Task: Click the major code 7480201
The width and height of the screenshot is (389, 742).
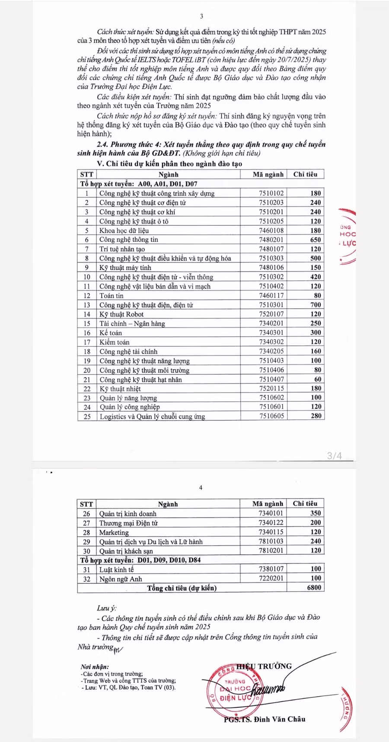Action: pyautogui.click(x=271, y=240)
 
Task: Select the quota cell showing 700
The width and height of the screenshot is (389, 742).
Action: pyautogui.click(x=316, y=305)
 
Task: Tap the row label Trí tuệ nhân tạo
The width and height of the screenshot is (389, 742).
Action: pyautogui.click(x=122, y=249)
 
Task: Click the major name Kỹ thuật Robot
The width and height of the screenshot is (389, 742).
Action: pyautogui.click(x=121, y=314)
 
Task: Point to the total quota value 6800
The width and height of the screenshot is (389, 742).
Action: pyautogui.click(x=314, y=588)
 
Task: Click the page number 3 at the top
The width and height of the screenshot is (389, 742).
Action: pyautogui.click(x=201, y=16)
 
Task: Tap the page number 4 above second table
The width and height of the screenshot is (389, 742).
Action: pyautogui.click(x=201, y=488)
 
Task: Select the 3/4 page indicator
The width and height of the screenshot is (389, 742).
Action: pyautogui.click(x=334, y=456)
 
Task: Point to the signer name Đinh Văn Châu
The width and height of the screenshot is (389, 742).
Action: pyautogui.click(x=279, y=719)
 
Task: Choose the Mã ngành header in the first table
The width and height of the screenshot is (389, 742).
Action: pyautogui.click(x=268, y=174)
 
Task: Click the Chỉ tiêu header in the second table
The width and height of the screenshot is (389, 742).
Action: pyautogui.click(x=305, y=504)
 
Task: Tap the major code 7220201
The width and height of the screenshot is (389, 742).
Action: pyautogui.click(x=271, y=579)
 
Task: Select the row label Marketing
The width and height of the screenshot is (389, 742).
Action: pyautogui.click(x=114, y=532)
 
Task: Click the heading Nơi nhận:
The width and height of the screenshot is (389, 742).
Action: pyautogui.click(x=95, y=667)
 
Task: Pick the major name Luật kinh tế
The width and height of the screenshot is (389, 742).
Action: pyautogui.click(x=117, y=569)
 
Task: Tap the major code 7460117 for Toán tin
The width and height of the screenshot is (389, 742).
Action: pyautogui.click(x=271, y=296)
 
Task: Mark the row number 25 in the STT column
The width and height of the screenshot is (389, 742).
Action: pyautogui.click(x=87, y=416)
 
